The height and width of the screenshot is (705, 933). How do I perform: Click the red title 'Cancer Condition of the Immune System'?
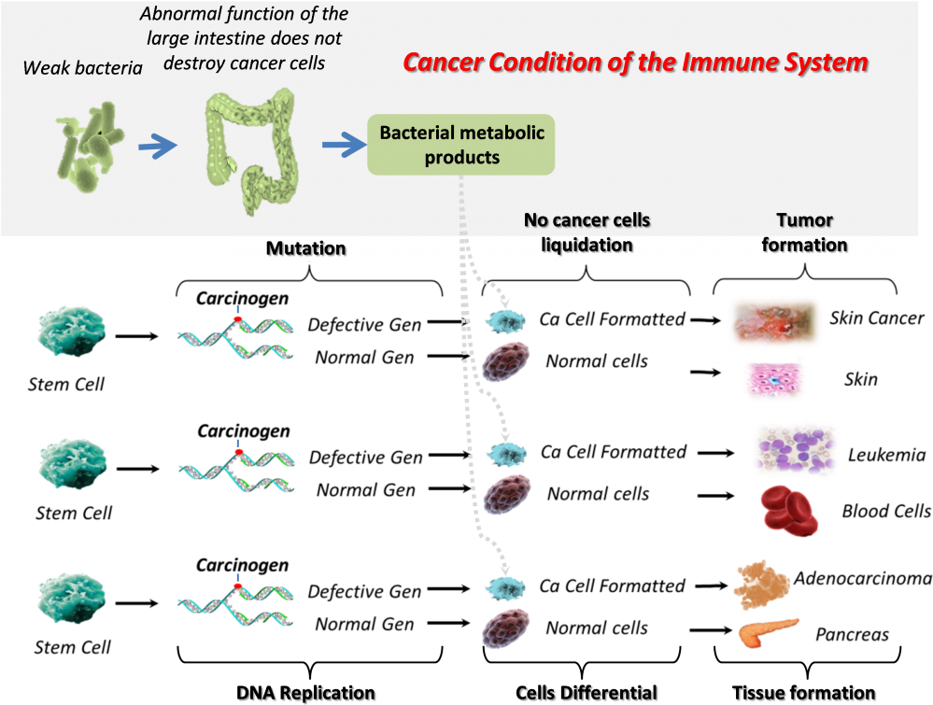(635, 63)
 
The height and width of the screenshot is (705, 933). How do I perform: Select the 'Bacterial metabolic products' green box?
(461, 146)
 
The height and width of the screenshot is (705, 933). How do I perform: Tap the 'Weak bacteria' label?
(82, 68)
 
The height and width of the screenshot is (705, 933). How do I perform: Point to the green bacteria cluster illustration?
(89, 147)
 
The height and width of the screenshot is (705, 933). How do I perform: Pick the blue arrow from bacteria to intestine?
(157, 145)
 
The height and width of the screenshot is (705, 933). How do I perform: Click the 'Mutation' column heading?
(305, 248)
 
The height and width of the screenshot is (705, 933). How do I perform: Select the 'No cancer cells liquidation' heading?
(587, 233)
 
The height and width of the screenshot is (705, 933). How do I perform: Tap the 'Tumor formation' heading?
(804, 233)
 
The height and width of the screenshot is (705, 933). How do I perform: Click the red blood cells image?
(789, 510)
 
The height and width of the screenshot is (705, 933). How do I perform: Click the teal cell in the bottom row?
(72, 596)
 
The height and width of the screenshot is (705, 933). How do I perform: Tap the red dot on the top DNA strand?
(237, 319)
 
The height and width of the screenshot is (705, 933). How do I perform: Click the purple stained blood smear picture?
(795, 450)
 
